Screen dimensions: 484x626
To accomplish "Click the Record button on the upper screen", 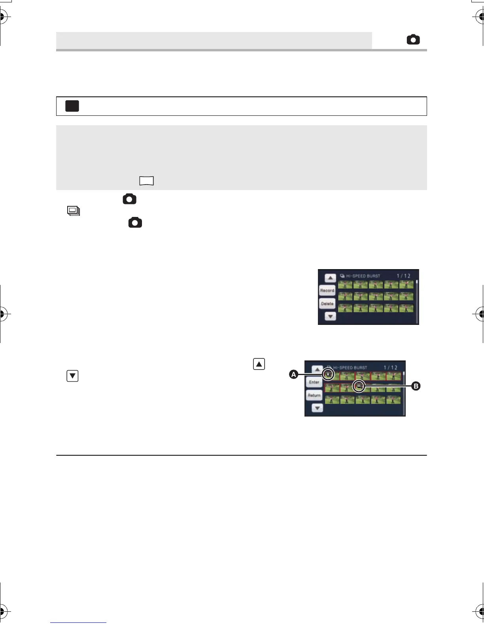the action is point(327,290).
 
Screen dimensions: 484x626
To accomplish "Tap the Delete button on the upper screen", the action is point(327,304).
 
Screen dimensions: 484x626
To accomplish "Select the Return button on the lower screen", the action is point(314,395).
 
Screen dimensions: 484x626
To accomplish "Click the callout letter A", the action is point(293,374).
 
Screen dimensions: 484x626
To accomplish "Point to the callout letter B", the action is point(416,386).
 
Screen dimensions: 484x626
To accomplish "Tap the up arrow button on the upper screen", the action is point(330,278).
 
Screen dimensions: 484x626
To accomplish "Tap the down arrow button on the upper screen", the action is point(330,317).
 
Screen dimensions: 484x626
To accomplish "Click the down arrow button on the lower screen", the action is point(317,408).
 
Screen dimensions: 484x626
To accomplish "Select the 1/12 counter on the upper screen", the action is point(403,276).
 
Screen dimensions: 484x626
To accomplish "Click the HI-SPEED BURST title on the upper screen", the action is point(363,276).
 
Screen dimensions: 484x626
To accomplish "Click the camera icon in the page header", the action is point(413,40).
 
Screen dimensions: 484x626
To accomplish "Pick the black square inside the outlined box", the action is point(72,106).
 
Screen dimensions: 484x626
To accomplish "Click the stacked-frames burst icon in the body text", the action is point(74,211).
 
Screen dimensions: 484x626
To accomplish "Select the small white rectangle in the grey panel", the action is point(146,181).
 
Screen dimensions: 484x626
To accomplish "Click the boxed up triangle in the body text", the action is point(259,364).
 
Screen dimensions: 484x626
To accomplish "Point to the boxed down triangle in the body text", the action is point(73,376).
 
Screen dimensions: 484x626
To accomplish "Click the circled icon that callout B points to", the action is point(359,386).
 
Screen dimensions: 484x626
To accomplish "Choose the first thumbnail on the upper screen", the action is point(345,285).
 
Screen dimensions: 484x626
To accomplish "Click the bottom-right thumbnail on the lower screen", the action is point(393,400).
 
